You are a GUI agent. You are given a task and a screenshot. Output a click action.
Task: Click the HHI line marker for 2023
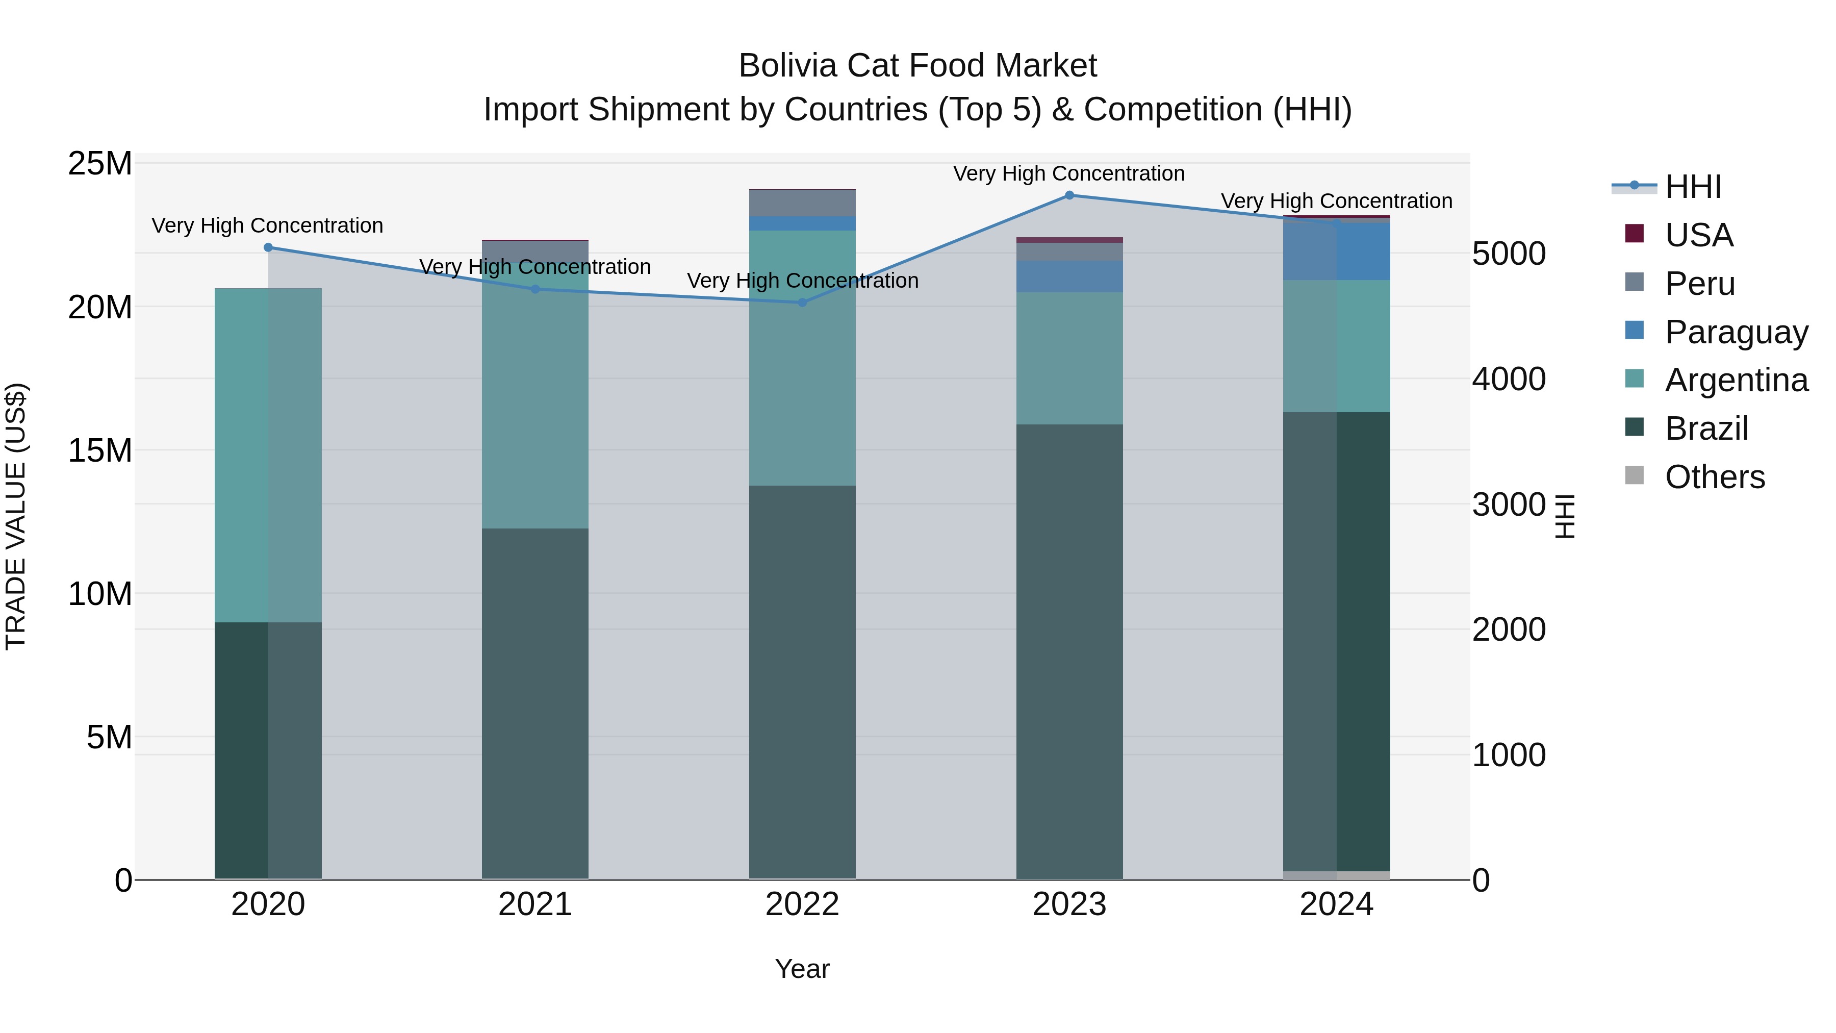pyautogui.click(x=1069, y=195)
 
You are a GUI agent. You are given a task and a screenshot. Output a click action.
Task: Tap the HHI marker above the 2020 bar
pyautogui.click(x=268, y=247)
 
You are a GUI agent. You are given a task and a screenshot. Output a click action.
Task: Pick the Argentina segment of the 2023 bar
pyautogui.click(x=1069, y=358)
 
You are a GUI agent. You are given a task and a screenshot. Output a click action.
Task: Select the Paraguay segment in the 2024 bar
pyautogui.click(x=1336, y=251)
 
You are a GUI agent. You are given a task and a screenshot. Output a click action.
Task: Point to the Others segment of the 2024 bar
pyautogui.click(x=1336, y=875)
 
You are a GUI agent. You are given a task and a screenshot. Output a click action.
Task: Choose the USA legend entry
pyautogui.click(x=1698, y=235)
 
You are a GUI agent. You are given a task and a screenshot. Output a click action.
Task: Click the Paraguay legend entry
pyautogui.click(x=1736, y=332)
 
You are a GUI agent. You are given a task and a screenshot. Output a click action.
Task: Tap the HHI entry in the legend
pyautogui.click(x=1693, y=187)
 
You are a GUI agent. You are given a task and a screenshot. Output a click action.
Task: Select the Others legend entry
pyautogui.click(x=1714, y=477)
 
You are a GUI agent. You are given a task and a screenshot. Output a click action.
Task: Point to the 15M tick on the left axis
pyautogui.click(x=100, y=450)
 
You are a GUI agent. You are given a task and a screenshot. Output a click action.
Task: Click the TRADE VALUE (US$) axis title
pyautogui.click(x=16, y=516)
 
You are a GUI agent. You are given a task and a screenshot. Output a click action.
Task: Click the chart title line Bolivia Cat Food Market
pyautogui.click(x=917, y=66)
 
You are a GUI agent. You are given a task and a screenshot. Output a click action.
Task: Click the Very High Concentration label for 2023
pyautogui.click(x=1068, y=173)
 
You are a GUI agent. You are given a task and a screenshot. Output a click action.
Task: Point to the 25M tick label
pyautogui.click(x=100, y=164)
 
